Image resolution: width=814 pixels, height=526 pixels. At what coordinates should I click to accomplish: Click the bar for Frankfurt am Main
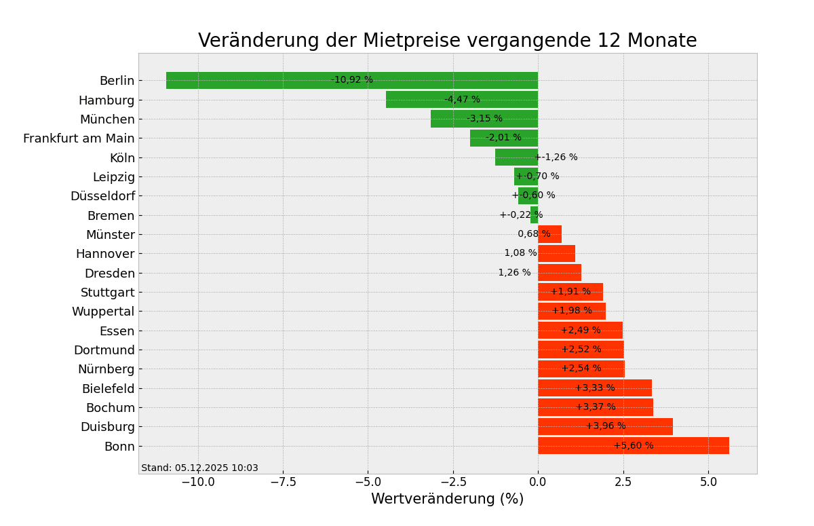[x=478, y=138]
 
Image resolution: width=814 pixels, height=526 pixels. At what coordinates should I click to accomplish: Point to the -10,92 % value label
[x=351, y=80]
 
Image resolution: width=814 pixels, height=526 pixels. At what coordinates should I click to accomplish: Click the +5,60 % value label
[x=634, y=446]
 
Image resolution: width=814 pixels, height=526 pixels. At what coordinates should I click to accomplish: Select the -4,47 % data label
[x=462, y=100]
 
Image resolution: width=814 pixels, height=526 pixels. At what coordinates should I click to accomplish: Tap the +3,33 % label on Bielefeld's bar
[x=595, y=388]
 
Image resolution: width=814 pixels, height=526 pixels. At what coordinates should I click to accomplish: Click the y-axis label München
[x=107, y=119]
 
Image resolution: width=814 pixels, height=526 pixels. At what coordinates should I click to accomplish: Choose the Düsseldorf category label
[x=102, y=196]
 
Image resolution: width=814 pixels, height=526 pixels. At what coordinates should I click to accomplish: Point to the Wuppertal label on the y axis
[x=103, y=312]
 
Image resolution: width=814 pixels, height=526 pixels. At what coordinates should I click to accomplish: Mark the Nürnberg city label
[x=106, y=369]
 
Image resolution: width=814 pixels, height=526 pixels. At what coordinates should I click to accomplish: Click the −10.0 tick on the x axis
[x=198, y=483]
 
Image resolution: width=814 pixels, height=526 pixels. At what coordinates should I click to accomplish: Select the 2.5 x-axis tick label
[x=623, y=483]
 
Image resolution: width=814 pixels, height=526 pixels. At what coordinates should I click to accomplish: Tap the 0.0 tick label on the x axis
[x=538, y=483]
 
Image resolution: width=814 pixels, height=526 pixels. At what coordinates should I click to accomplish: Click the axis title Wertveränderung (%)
[x=447, y=500]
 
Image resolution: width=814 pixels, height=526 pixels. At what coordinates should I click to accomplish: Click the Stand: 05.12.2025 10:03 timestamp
[x=199, y=468]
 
